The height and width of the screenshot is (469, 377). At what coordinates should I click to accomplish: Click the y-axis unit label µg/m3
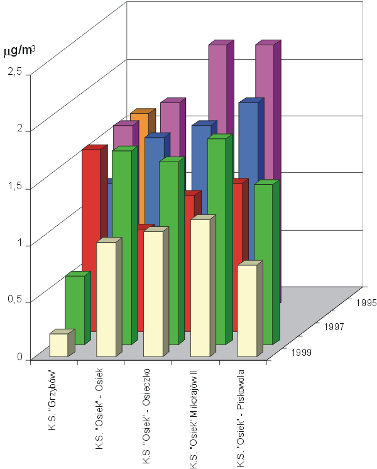20,50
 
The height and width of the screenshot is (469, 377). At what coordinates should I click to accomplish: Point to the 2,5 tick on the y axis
14,73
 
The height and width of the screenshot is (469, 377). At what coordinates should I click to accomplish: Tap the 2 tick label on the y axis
19,129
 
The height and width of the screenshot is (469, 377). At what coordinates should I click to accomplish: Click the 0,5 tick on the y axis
14,300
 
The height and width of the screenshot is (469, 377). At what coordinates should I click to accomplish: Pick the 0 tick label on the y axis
19,356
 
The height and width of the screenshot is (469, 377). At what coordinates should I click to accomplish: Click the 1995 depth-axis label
364,303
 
